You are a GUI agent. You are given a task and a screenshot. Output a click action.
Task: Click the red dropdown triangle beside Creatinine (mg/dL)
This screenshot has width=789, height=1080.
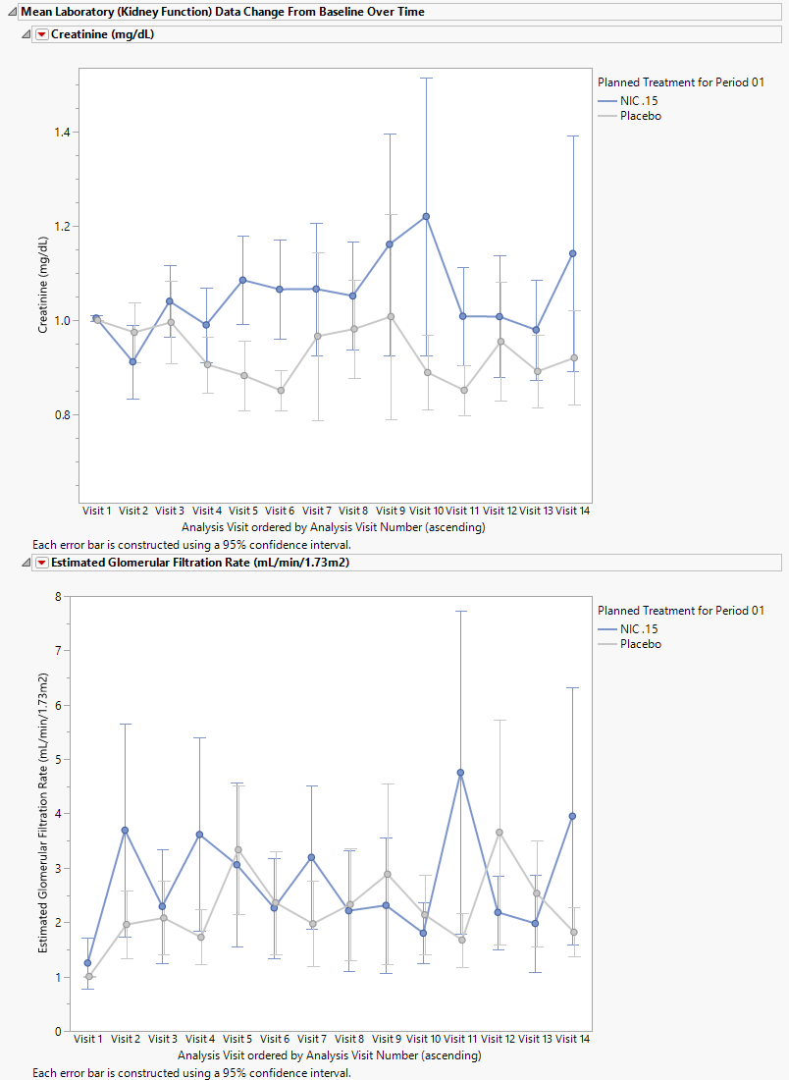[x=41, y=34]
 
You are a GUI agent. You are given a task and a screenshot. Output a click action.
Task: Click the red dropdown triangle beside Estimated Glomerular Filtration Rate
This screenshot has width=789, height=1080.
[x=41, y=563]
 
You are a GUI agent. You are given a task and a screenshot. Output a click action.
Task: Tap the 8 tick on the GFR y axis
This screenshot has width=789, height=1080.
[x=59, y=596]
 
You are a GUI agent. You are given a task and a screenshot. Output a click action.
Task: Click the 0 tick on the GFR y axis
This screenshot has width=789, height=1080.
[x=59, y=1032]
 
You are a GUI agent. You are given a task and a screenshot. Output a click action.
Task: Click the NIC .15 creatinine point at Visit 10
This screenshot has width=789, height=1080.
[x=427, y=216]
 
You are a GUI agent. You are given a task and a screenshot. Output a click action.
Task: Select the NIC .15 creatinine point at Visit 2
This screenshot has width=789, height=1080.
[x=133, y=361]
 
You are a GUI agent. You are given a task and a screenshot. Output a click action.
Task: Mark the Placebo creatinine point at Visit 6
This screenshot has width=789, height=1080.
[x=281, y=390]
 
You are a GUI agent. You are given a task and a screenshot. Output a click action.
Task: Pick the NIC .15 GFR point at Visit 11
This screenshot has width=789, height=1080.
[x=460, y=773]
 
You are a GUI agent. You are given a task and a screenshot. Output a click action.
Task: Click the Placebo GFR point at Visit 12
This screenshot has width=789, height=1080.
[x=499, y=833]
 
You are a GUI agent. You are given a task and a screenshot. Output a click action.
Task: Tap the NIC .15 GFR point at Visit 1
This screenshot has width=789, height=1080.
[x=88, y=963]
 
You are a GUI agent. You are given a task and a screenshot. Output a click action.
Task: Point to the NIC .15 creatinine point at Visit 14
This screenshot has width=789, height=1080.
[x=573, y=253]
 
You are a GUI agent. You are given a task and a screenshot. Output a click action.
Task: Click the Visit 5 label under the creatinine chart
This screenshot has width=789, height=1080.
[x=243, y=511]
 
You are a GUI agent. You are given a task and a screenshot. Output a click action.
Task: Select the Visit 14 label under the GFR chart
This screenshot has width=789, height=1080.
[x=572, y=1039]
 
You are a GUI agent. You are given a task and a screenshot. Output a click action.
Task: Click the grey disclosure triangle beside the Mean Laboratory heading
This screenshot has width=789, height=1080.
[x=11, y=12]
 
